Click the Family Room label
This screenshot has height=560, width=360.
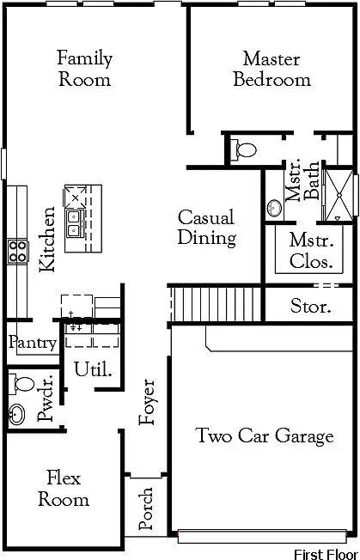pyautogui.click(x=84, y=69)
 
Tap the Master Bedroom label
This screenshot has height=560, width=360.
pyautogui.click(x=272, y=70)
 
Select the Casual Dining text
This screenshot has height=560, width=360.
pyautogui.click(x=206, y=228)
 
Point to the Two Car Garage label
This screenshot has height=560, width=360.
pyautogui.click(x=264, y=436)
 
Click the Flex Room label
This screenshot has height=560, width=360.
pyautogui.click(x=64, y=488)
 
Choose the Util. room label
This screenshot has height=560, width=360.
pyautogui.click(x=93, y=370)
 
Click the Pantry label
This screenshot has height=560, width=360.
pyautogui.click(x=33, y=344)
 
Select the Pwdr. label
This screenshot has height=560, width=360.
pyautogui.click(x=46, y=398)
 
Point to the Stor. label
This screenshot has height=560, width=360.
pyautogui.click(x=310, y=306)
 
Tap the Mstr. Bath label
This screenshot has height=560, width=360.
pyautogui.click(x=302, y=180)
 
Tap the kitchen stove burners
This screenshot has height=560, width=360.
pyautogui.click(x=16, y=251)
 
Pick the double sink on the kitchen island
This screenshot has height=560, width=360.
pyautogui.click(x=75, y=222)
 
